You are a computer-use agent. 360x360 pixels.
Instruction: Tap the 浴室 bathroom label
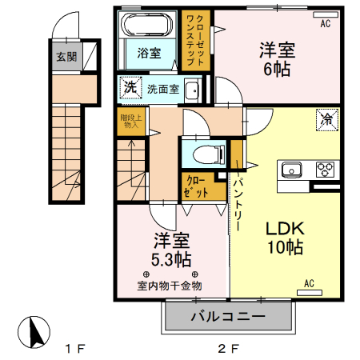[148, 54]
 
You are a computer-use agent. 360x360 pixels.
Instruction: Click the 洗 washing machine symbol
[130, 86]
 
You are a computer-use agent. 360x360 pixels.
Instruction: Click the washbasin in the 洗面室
[192, 90]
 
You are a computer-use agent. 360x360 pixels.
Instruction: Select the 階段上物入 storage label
[130, 121]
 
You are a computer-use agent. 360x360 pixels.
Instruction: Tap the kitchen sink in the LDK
[290, 170]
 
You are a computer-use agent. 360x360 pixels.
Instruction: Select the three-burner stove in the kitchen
[326, 170]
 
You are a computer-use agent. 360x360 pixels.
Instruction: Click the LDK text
[285, 226]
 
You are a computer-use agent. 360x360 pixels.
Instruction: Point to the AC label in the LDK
[309, 282]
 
